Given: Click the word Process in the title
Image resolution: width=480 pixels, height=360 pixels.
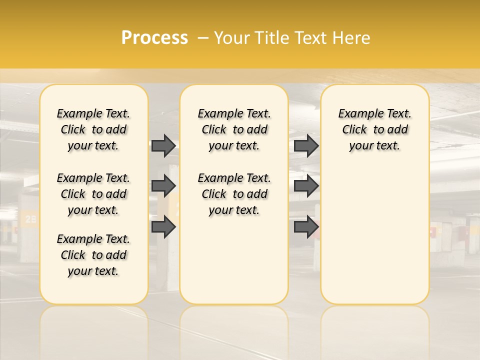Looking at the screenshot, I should click(154, 37).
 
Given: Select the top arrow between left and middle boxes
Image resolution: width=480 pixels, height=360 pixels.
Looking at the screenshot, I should click(163, 145).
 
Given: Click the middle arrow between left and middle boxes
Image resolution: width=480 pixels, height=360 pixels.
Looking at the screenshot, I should click(163, 186).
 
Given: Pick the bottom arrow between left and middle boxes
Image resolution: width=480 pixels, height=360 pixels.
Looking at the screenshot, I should click(163, 226).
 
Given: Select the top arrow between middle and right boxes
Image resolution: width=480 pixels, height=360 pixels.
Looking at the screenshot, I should click(306, 145).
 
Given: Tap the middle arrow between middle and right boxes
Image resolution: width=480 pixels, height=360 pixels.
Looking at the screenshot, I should click(306, 186).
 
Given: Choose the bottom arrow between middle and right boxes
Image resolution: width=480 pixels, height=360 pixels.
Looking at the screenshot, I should click(306, 226).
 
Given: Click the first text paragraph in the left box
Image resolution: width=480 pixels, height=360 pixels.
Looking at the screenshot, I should click(93, 129).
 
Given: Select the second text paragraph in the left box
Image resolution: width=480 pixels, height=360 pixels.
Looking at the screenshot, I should click(93, 194).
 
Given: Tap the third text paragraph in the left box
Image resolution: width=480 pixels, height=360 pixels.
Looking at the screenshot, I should click(93, 255).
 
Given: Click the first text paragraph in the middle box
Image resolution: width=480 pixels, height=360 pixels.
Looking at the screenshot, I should click(234, 129).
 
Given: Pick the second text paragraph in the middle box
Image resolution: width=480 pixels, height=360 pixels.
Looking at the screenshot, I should click(234, 194).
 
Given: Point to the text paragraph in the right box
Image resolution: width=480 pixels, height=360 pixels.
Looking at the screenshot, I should click(374, 129).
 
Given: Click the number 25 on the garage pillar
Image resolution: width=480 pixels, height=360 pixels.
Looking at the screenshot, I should click(30, 218).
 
